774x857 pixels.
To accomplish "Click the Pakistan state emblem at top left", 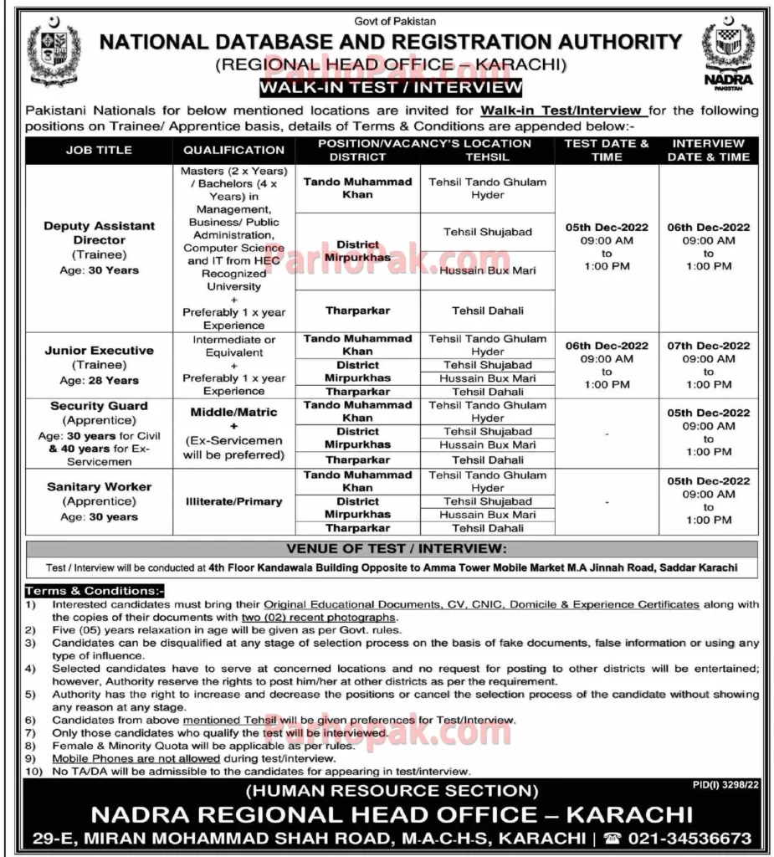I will pos(54,54).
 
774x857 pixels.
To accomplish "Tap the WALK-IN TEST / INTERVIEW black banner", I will pos(390,87).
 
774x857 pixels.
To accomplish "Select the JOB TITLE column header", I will pos(99,151).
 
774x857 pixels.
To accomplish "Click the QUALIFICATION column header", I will pos(233,151).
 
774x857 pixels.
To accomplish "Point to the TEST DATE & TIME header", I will pos(607,150).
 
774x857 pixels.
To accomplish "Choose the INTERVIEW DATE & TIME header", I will pos(709,150).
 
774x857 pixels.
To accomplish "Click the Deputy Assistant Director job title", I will pos(100,233).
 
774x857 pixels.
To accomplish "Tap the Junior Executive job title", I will pos(100,351).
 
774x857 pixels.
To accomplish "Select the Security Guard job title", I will pos(100,406).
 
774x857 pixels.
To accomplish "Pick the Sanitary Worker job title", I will pos(100,486).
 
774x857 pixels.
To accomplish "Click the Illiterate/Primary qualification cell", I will pos(233,501).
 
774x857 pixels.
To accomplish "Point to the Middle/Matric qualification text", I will pos(233,412).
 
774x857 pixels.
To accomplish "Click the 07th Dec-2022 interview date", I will pos(709,346).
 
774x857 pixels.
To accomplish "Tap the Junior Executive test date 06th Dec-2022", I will pos(607,346).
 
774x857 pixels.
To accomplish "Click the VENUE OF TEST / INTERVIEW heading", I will pos(392,549).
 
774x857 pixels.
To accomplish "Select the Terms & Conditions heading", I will pos(94,591).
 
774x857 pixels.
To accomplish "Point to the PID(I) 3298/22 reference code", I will pos(726,785).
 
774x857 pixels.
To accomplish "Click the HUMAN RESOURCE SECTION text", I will pos(392,790).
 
